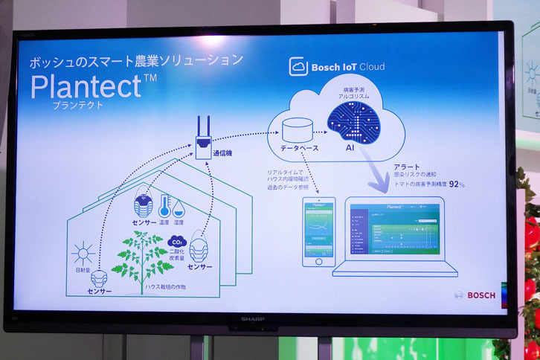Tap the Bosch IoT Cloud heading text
pos(347,67)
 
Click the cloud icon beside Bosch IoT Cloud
pos(298,67)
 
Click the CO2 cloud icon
pos(177,242)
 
